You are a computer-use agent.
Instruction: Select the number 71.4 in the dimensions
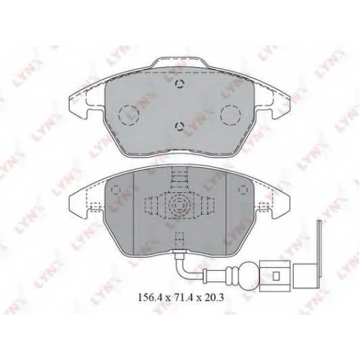pyautogui.click(x=184, y=297)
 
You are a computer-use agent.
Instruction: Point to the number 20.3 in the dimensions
pyautogui.click(x=214, y=297)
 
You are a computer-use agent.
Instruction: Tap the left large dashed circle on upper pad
pyautogui.click(x=129, y=115)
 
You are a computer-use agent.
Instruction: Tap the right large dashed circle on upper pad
pyautogui.click(x=230, y=115)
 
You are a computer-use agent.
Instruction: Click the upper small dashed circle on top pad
pyautogui.click(x=179, y=84)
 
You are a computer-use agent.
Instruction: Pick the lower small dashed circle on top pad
pyautogui.click(x=179, y=126)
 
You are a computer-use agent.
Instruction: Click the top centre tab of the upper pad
pyautogui.click(x=180, y=62)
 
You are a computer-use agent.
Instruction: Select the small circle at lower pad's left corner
pyautogui.click(x=117, y=189)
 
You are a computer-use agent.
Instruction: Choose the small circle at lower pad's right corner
pyautogui.click(x=243, y=189)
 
